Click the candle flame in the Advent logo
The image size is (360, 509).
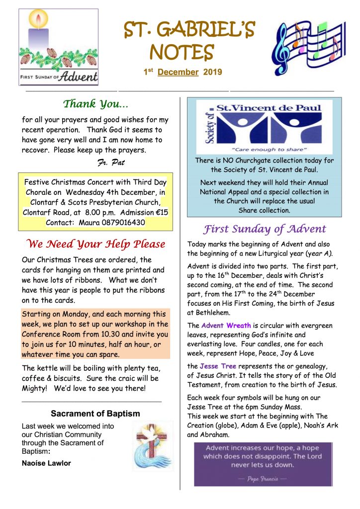38,20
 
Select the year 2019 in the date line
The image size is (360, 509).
212,73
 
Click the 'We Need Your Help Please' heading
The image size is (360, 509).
95,244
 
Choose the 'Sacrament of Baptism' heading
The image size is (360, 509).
95,414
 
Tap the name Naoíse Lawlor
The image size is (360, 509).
46,463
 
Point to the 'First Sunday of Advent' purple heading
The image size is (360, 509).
264,229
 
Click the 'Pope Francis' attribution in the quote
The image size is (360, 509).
263,479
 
